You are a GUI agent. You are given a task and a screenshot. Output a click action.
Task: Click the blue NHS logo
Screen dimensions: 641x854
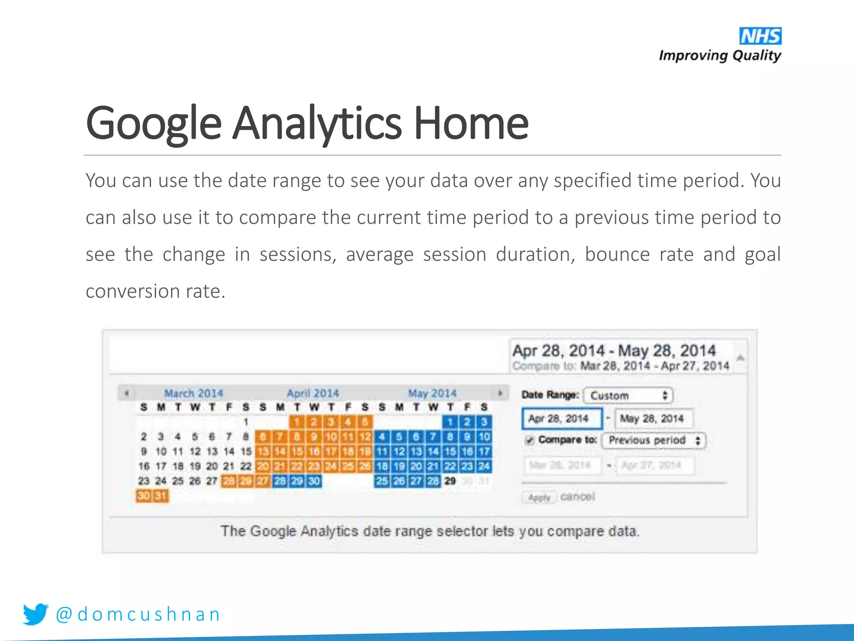point(760,36)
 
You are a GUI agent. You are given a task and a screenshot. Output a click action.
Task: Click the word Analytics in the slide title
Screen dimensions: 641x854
point(317,123)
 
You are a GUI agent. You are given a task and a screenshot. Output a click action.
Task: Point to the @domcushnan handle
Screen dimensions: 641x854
point(138,614)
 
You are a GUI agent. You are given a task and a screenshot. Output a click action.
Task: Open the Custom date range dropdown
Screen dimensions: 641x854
point(628,395)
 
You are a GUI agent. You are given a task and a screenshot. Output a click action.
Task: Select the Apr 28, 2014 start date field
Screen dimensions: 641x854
point(561,419)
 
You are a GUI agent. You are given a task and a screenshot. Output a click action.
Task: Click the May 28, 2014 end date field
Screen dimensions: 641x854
point(653,419)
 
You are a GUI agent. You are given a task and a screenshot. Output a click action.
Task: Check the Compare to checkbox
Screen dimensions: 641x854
point(530,440)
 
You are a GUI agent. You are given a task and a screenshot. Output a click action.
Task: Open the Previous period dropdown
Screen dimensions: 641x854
point(653,440)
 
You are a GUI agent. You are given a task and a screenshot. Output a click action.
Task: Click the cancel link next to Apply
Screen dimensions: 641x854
point(578,497)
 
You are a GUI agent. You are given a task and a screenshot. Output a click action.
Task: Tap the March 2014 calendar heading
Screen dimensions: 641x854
point(193,393)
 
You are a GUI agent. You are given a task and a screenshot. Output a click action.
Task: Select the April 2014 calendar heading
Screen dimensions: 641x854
point(313,393)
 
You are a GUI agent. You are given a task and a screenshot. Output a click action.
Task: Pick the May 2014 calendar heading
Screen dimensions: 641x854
point(432,393)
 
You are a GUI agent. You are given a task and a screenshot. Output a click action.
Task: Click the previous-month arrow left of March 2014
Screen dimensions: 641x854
point(126,393)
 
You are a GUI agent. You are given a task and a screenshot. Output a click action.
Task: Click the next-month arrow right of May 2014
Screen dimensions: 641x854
point(500,393)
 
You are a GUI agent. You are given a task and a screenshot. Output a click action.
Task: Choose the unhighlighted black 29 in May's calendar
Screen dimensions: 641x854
point(450,481)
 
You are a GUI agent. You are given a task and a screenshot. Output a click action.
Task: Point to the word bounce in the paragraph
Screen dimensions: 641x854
point(617,254)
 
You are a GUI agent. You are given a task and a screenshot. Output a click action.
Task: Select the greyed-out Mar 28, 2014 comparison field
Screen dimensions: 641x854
point(561,465)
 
